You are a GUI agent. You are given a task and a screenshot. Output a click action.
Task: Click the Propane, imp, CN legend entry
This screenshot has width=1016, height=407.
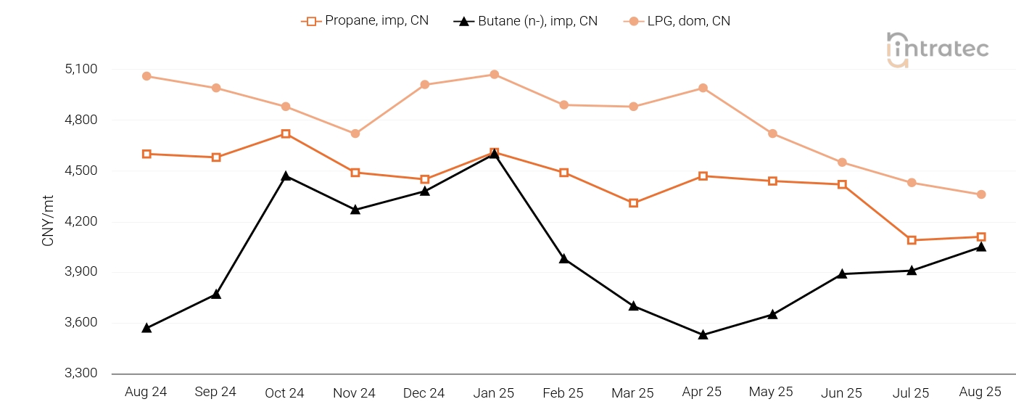click(x=365, y=21)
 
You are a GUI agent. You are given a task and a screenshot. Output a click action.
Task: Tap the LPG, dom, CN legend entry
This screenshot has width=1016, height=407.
click(x=677, y=21)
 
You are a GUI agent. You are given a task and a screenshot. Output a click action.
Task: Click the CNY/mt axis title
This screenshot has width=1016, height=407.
click(x=49, y=221)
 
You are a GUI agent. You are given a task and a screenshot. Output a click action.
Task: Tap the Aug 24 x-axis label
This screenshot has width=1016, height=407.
click(x=146, y=392)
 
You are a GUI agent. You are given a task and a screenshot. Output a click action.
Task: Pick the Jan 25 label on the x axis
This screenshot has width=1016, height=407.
click(x=494, y=392)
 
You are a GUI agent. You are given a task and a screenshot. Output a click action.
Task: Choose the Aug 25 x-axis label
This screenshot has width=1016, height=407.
click(x=980, y=392)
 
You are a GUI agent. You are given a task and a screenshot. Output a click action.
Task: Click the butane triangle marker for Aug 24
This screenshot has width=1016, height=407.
click(x=146, y=328)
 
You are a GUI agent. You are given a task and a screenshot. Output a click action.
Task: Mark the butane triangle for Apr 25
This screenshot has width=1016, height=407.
click(x=703, y=334)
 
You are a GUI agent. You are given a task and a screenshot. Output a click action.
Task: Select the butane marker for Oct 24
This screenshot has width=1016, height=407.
click(x=286, y=176)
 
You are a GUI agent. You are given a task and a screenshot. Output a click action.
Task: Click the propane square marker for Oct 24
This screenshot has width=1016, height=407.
click(x=286, y=134)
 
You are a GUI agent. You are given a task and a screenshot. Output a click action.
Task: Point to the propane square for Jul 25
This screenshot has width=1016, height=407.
click(x=912, y=240)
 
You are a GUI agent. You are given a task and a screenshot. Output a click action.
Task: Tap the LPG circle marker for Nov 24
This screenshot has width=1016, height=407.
click(x=355, y=133)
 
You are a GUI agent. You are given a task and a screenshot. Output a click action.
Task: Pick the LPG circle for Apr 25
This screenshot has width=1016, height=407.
click(x=703, y=88)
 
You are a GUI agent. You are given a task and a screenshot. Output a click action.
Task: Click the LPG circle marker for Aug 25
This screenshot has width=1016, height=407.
click(x=981, y=194)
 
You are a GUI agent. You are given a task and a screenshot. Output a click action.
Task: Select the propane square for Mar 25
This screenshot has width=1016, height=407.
click(x=633, y=203)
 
